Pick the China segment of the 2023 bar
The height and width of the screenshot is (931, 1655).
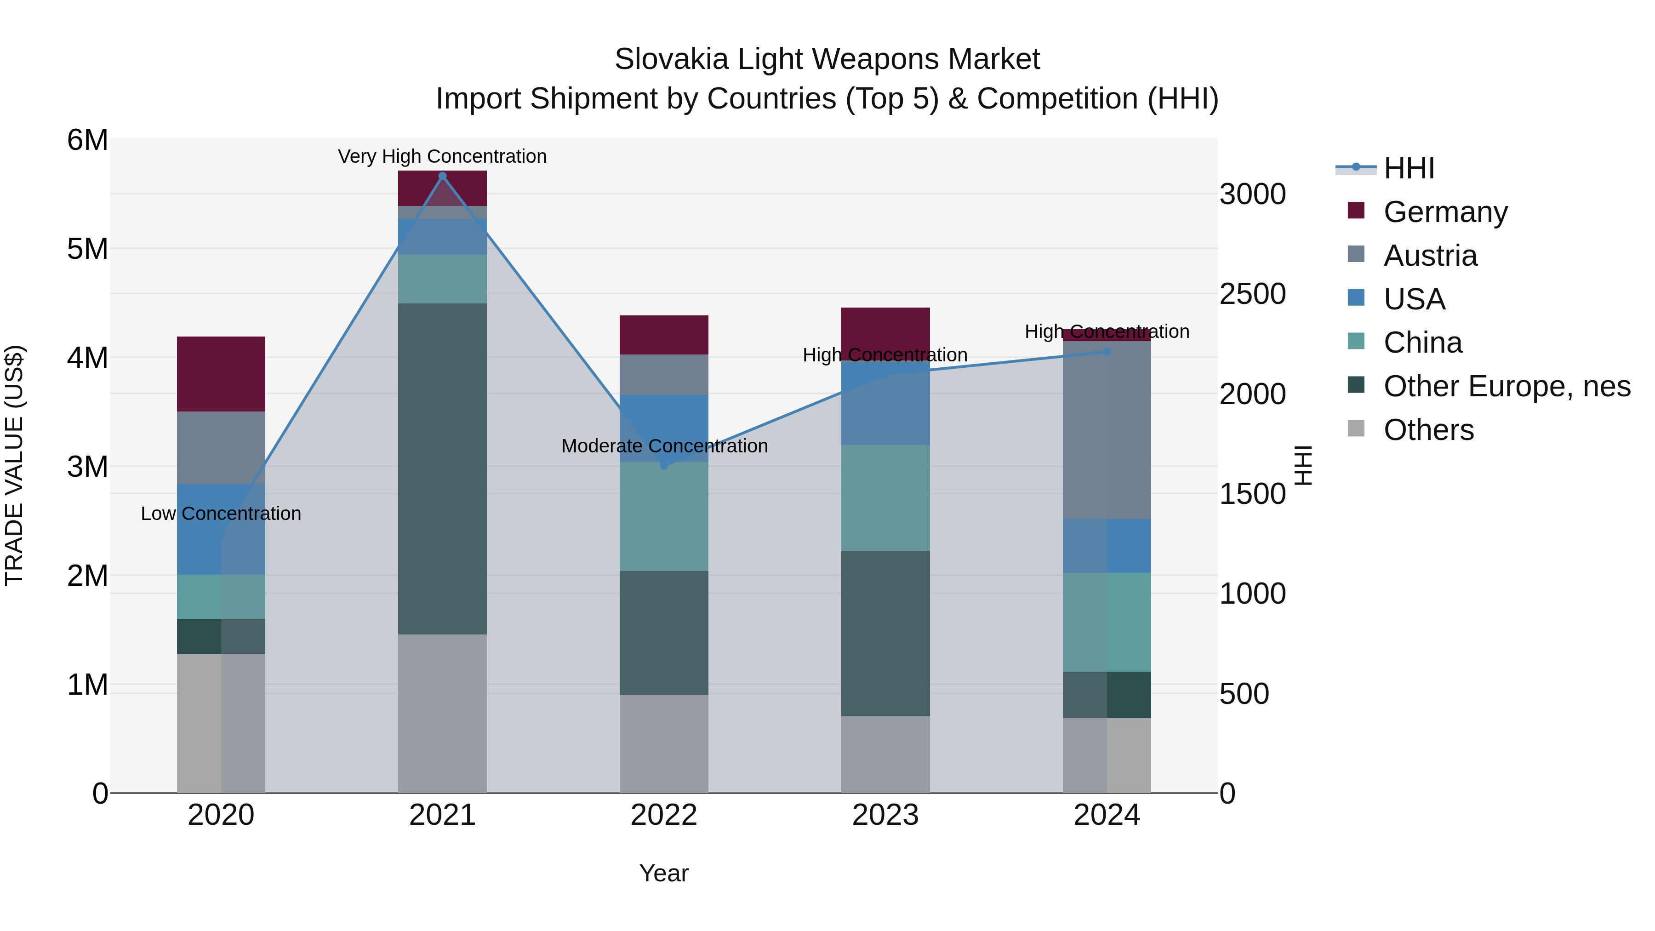(885, 497)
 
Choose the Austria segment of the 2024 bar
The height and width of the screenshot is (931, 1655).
(1107, 430)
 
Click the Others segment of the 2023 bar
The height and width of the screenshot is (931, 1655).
(885, 754)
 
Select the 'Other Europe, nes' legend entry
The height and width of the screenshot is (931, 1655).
(1506, 386)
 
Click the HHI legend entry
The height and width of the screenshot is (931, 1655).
(1408, 168)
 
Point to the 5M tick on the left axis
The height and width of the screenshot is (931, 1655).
(87, 249)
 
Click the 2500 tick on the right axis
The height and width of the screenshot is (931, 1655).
(1252, 294)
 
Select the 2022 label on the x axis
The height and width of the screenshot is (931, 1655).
(664, 815)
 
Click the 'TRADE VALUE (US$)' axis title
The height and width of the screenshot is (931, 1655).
(14, 465)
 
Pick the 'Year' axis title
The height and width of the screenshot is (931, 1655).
(664, 873)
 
